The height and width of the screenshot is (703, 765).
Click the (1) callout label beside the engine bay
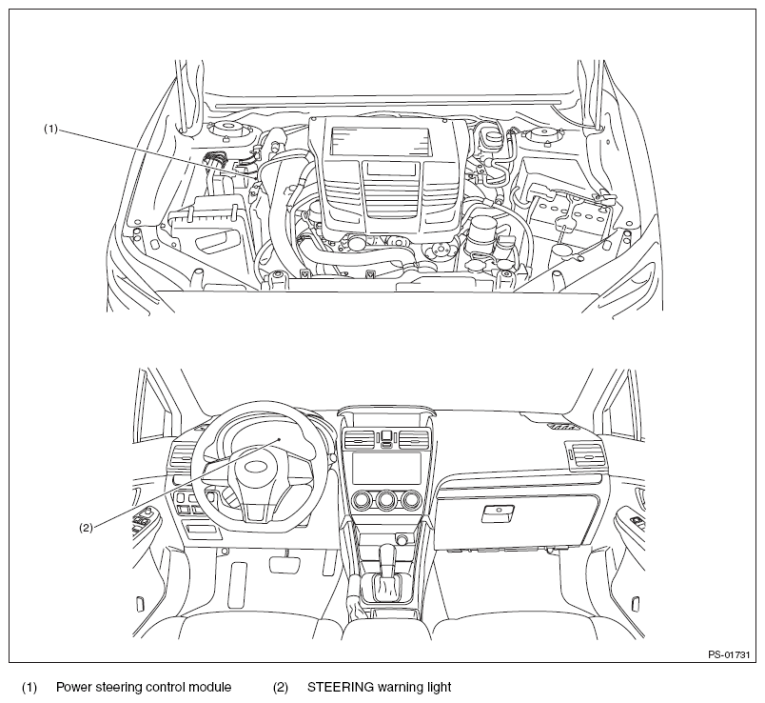(50, 129)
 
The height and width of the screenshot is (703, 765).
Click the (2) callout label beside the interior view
(86, 528)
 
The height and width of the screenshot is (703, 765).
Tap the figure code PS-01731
(729, 655)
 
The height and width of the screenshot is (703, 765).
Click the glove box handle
(498, 512)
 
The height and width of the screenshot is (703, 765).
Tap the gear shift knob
(387, 556)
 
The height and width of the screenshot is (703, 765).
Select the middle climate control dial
(386, 499)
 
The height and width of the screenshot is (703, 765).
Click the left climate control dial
(361, 499)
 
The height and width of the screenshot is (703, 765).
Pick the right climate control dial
(411, 499)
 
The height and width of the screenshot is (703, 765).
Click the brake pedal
(283, 563)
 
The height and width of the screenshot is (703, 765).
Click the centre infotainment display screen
(386, 468)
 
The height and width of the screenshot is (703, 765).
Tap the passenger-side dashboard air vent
(583, 454)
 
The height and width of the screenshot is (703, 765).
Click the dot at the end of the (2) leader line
(280, 439)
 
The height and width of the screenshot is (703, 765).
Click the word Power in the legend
(71, 688)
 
